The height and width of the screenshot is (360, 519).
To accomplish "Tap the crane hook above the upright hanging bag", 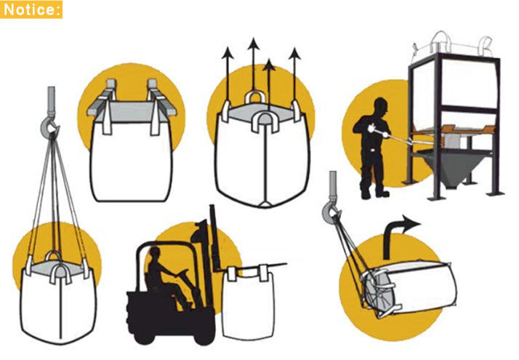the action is [49, 127].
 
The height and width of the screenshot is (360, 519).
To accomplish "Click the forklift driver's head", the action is [155, 255].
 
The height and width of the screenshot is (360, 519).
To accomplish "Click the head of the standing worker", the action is [381, 107].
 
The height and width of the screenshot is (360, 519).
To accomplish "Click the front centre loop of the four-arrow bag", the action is [265, 122].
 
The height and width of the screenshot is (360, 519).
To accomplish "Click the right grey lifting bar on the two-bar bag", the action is [162, 99].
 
